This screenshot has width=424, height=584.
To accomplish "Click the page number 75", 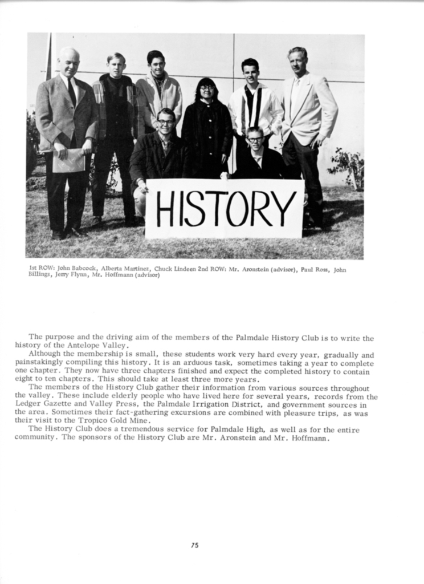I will (194, 545).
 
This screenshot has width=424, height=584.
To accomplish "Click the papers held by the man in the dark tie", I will (68, 160).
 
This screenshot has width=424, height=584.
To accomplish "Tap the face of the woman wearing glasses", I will (206, 90).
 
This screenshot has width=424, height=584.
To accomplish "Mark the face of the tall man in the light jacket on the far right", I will (297, 60).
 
